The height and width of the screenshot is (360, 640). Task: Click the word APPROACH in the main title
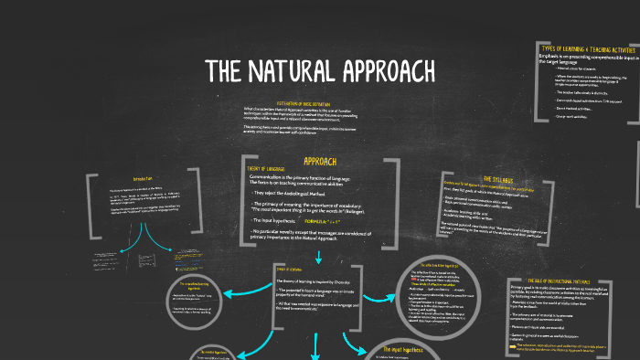coord(388,70)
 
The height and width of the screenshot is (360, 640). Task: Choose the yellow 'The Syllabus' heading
coord(503,179)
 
